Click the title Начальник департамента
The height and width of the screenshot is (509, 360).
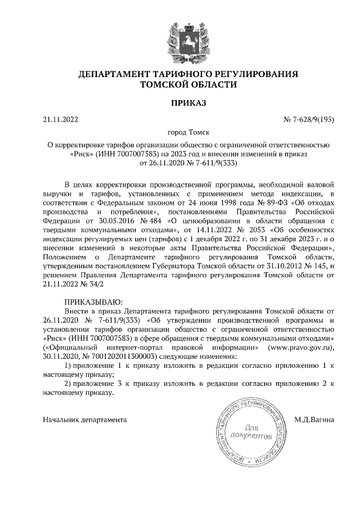pyautogui.click(x=85, y=419)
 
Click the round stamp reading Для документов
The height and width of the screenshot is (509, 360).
pyautogui.click(x=250, y=431)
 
